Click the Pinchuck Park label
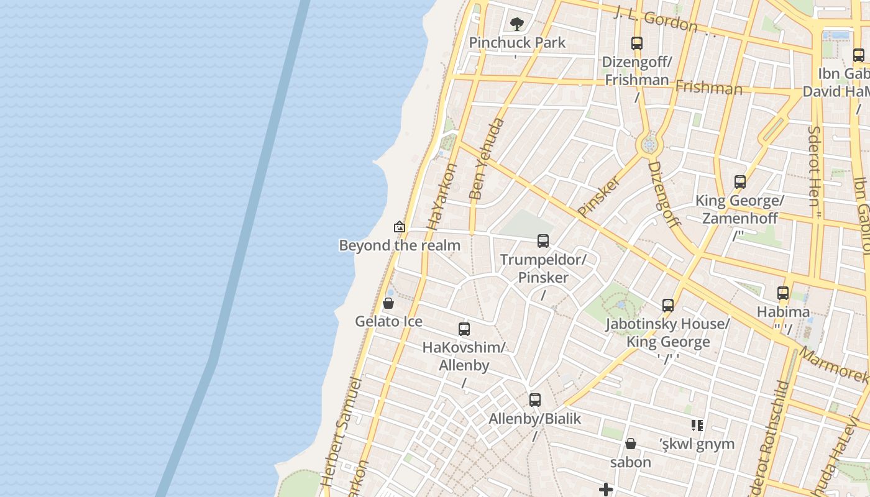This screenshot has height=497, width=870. tap(517, 43)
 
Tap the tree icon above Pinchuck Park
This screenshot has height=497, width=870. tap(516, 24)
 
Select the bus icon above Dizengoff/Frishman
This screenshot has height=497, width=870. tap(636, 43)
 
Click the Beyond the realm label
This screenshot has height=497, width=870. tap(400, 245)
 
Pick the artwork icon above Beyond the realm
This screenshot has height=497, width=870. tap(400, 227)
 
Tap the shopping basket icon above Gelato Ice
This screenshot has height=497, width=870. tap(388, 303)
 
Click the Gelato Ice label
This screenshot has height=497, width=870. tap(388, 321)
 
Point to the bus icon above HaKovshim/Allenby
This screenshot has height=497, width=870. tap(464, 329)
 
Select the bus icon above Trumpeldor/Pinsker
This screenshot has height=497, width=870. tap(543, 241)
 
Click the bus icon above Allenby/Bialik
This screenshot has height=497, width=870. tap(535, 400)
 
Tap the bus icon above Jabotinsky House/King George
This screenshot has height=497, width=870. tap(668, 306)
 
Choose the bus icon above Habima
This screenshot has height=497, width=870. tap(783, 293)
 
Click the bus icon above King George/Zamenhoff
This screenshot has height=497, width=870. tap(739, 182)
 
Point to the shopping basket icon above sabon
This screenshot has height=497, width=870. tap(631, 444)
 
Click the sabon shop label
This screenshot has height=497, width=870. tap(631, 462)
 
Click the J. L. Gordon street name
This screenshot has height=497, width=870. tap(656, 19)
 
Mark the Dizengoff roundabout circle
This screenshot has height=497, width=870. tap(649, 145)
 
